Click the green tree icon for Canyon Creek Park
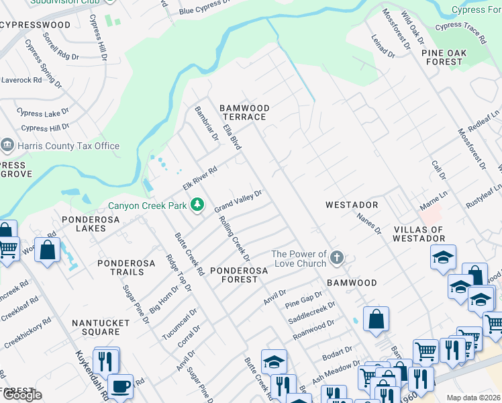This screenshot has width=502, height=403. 197,204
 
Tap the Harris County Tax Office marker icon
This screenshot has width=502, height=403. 7,146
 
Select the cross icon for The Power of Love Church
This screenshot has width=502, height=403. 337,257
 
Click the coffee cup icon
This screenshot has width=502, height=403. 120,387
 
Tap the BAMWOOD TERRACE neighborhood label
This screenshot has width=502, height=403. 245,112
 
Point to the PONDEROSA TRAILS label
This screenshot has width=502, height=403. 121,267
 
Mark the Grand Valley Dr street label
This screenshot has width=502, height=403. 238,201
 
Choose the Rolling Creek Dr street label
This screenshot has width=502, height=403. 235,238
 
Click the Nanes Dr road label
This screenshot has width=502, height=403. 369,221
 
